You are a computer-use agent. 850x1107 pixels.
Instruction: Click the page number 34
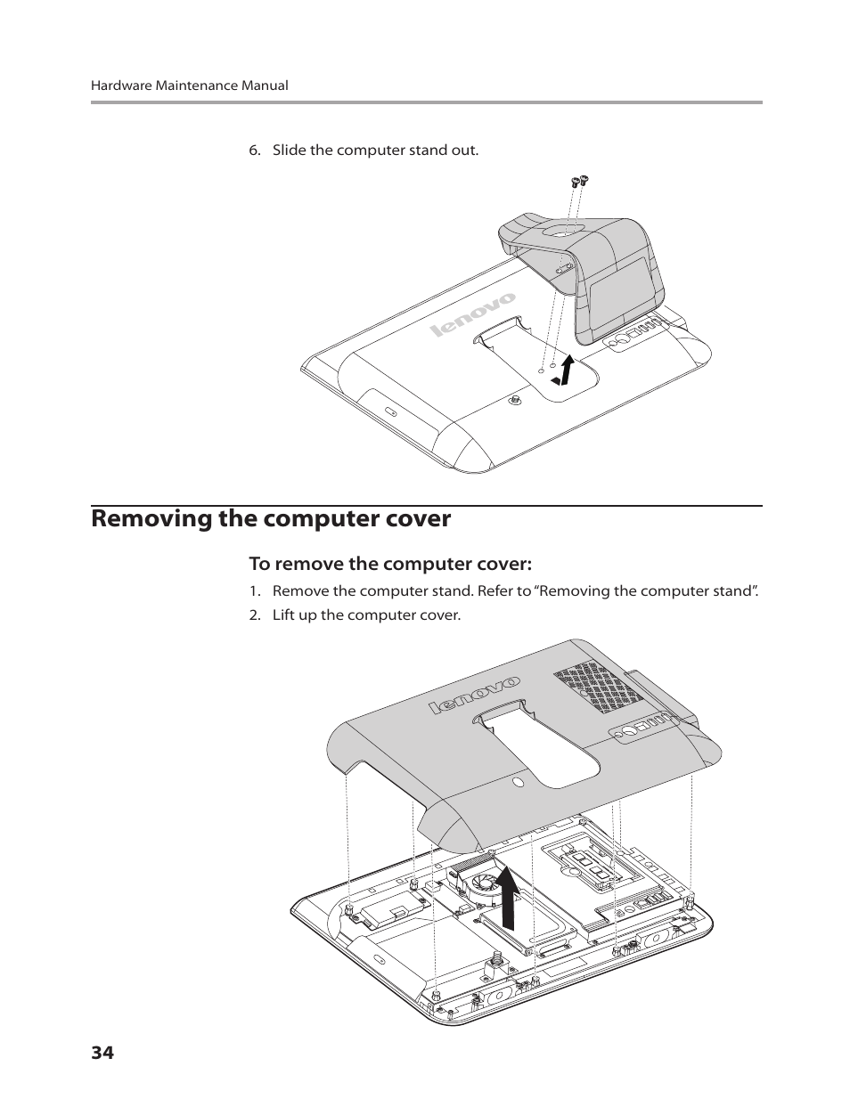point(102,1053)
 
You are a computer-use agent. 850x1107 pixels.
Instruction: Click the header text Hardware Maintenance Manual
point(190,85)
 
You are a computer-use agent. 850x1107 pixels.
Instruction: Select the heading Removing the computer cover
point(271,518)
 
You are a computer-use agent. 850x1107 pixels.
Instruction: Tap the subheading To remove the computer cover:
point(389,564)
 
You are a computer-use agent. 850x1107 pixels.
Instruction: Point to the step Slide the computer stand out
point(375,150)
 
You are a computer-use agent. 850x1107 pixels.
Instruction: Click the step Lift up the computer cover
point(366,615)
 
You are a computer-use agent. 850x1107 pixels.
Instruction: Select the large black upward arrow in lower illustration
point(508,896)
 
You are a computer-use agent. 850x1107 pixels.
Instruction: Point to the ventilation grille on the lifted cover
point(592,687)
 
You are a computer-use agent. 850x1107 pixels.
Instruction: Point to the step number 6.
point(254,150)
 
